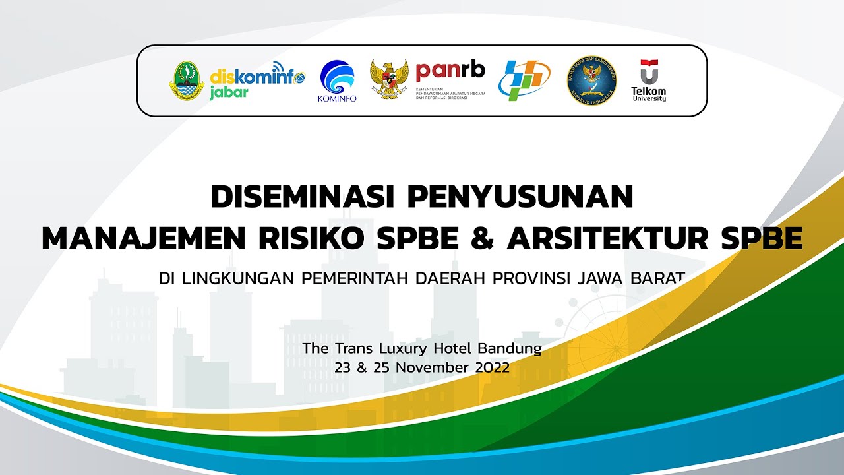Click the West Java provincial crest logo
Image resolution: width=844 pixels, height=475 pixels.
(x=187, y=81)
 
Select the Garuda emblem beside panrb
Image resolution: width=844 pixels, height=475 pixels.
(x=389, y=80)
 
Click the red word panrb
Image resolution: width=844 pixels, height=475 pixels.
(x=450, y=70)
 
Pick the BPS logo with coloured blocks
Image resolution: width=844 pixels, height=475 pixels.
(x=524, y=80)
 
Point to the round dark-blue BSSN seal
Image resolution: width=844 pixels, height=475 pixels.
(x=592, y=80)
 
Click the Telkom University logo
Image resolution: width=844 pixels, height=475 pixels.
(x=649, y=80)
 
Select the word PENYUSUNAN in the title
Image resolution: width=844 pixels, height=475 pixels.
(x=520, y=197)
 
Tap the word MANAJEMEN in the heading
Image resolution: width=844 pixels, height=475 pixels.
(x=143, y=238)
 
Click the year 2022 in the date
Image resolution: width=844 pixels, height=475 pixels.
(x=492, y=368)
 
